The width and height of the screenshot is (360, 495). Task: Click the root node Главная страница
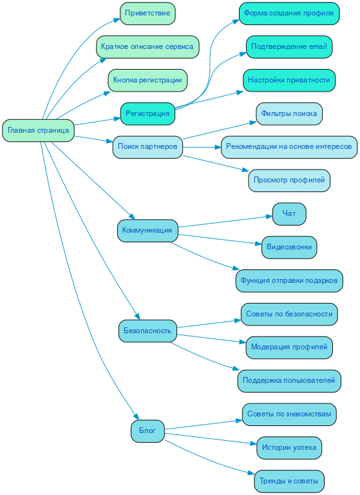(x=39, y=130)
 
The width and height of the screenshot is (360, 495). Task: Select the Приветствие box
(x=147, y=13)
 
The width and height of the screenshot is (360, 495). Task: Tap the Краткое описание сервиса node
(x=147, y=47)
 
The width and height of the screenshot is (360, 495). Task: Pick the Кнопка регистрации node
(x=147, y=80)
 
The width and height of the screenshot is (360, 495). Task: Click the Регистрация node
(x=147, y=113)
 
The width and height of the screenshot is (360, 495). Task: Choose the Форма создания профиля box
(x=289, y=13)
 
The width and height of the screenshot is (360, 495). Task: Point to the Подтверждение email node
(x=289, y=47)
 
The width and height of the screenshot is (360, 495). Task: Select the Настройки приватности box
(x=289, y=80)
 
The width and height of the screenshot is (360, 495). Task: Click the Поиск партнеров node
(x=147, y=146)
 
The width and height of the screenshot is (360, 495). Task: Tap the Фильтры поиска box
(x=289, y=113)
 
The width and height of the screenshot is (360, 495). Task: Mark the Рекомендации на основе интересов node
(x=289, y=146)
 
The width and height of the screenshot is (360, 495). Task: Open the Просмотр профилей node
(x=289, y=180)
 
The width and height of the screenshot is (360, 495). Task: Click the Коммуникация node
(x=147, y=230)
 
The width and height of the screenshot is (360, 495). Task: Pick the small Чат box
(x=289, y=213)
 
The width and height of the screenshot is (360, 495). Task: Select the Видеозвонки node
(x=289, y=247)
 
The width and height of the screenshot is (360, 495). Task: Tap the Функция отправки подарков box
(x=289, y=280)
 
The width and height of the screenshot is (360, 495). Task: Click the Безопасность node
(x=147, y=331)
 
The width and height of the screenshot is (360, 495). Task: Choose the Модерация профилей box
(x=289, y=347)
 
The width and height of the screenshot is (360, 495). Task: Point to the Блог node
(x=147, y=431)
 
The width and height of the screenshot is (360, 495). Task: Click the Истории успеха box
(x=289, y=447)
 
